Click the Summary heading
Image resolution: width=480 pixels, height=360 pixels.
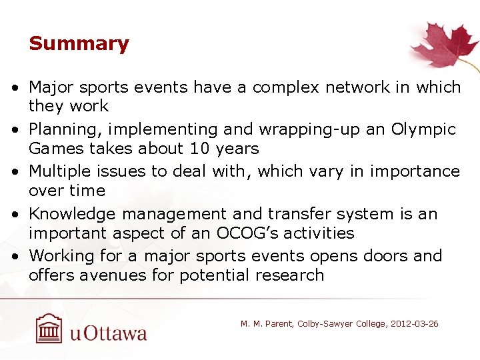tap(79, 44)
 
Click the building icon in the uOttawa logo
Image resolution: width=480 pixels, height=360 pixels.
tap(49, 328)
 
